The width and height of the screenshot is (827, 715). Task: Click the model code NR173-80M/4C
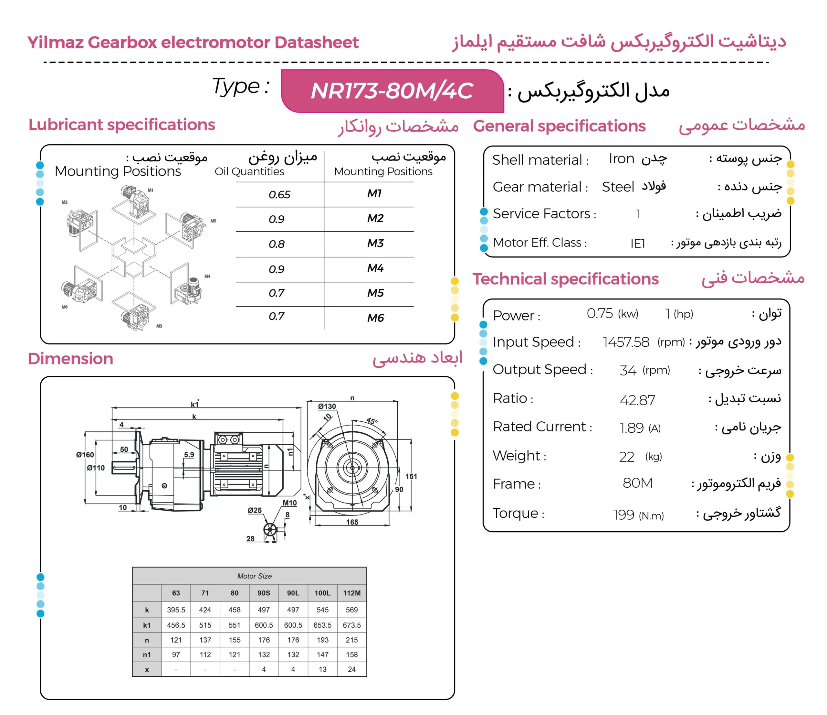392,91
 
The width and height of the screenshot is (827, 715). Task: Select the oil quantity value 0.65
279,195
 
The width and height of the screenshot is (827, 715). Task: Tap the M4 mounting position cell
375,268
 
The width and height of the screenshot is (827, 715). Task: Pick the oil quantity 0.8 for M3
277,244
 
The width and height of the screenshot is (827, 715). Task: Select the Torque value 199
624,515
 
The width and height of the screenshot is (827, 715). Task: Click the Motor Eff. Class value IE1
637,243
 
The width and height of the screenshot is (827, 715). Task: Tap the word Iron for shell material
622,159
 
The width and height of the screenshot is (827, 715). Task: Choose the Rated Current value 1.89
632,428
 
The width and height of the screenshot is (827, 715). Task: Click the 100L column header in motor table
322,593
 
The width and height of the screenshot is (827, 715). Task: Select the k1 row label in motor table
147,625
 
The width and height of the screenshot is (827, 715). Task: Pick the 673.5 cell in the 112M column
351,625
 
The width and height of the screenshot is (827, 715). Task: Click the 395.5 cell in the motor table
176,610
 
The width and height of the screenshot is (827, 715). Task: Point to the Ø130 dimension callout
327,406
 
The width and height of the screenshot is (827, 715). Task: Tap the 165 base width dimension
352,522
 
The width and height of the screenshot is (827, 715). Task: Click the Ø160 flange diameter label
85,455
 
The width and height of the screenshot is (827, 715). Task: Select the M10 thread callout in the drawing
290,503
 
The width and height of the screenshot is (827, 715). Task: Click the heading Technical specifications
566,279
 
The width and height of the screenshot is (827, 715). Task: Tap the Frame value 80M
637,483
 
